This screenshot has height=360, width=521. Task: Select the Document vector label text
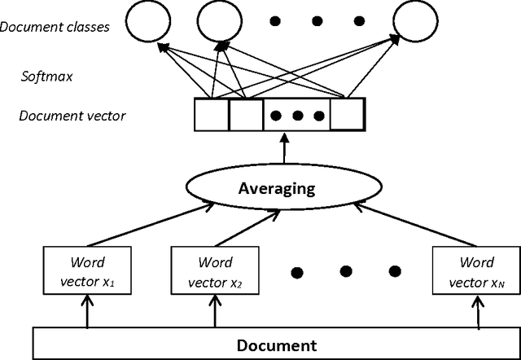click(x=72, y=116)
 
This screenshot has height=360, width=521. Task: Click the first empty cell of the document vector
click(x=211, y=115)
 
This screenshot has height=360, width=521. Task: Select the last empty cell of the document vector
click(x=348, y=115)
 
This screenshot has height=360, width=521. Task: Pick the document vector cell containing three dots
click(x=296, y=115)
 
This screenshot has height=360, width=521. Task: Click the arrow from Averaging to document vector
click(x=284, y=149)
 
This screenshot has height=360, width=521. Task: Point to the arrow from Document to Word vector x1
click(x=86, y=310)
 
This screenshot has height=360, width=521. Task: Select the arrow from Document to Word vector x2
click(x=215, y=310)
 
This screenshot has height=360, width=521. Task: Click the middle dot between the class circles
click(x=317, y=20)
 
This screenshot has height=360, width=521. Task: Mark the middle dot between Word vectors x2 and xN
click(x=346, y=270)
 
